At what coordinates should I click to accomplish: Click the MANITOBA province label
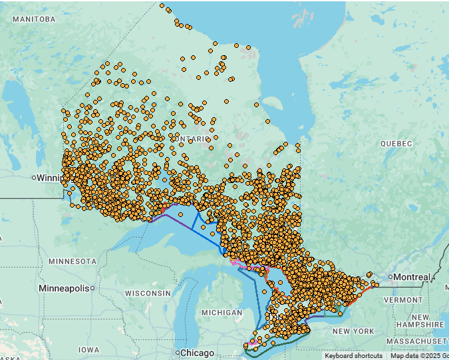[33, 19]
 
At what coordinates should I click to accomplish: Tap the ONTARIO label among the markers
[194, 138]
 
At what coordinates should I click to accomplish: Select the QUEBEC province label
[396, 144]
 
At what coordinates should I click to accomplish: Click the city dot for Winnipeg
[34, 178]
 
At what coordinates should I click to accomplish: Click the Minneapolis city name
[64, 288]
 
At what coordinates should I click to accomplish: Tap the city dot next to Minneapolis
[92, 288]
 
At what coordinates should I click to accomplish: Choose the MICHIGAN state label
[222, 313]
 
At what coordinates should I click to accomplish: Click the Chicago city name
[198, 353]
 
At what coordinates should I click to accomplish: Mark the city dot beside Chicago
[178, 353]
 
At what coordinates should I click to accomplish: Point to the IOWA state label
[88, 349]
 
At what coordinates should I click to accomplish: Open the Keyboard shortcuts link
[353, 356]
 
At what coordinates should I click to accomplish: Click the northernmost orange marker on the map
[162, 6]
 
